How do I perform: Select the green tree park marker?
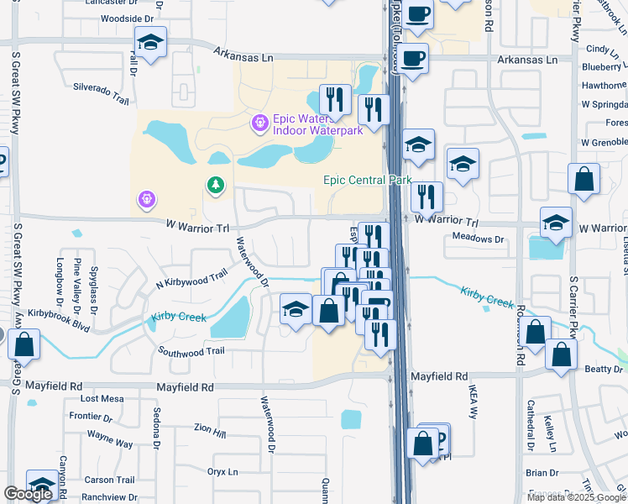coord(217,184)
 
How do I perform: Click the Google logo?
coord(28,494)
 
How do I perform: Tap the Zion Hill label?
coord(209,433)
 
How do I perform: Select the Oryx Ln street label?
coord(224,471)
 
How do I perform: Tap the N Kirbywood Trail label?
coord(192,281)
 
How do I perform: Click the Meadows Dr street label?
coord(477,239)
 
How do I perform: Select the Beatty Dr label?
coord(603,369)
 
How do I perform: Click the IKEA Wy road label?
coord(472,410)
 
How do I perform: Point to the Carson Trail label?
coord(110,480)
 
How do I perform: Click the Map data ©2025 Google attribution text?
coord(575,497)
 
